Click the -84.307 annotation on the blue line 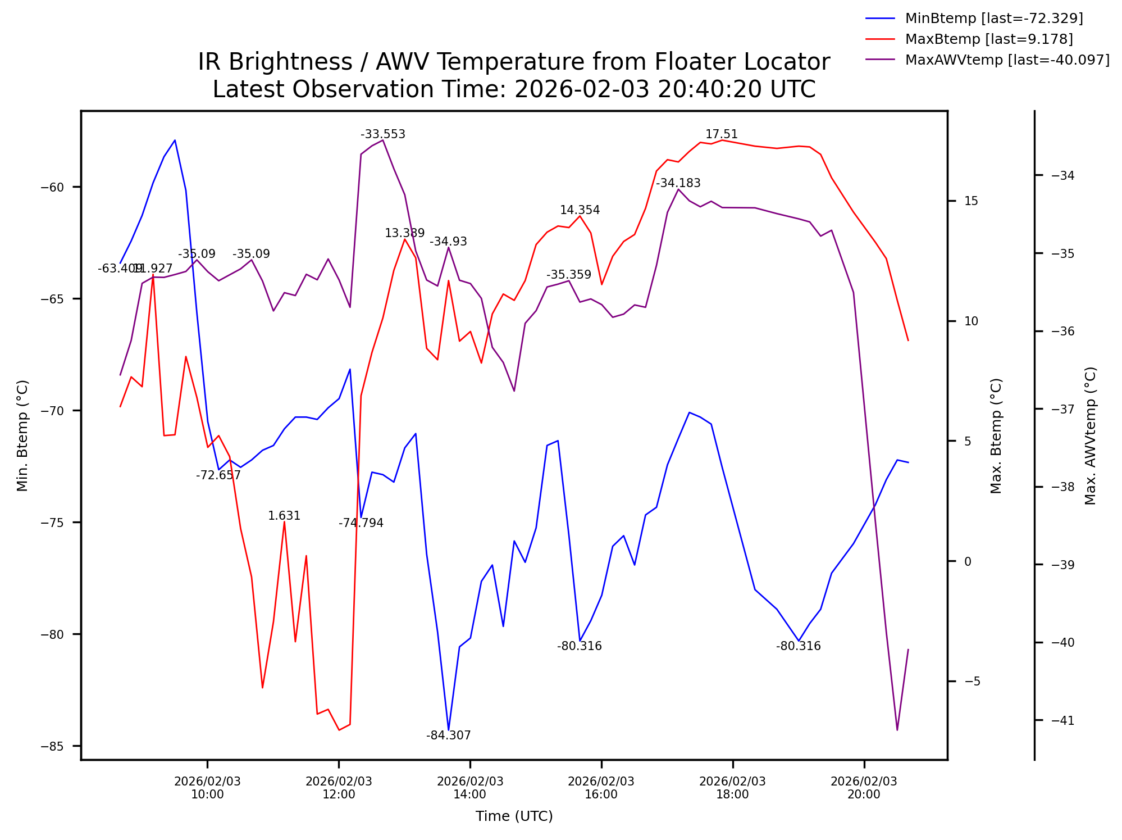click(x=448, y=735)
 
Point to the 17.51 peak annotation click(x=721, y=134)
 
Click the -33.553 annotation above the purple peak click(x=382, y=134)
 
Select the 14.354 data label click(x=580, y=210)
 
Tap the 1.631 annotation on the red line click(x=284, y=516)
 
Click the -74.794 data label click(x=361, y=523)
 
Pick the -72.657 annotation click(x=218, y=475)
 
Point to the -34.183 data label click(x=678, y=183)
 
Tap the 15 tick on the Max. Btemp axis click(x=971, y=201)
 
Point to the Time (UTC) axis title click(x=514, y=816)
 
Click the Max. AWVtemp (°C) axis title click(x=1090, y=435)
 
